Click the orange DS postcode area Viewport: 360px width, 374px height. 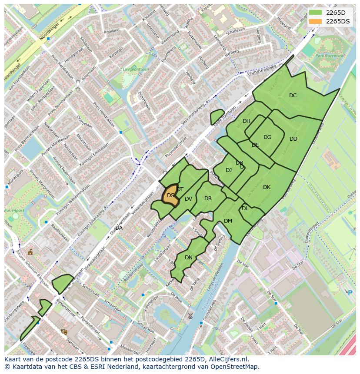point(171,196)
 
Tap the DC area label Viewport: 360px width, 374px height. point(293,96)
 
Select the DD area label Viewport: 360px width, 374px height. point(293,139)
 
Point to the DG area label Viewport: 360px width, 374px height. point(267,137)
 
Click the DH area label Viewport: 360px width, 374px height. point(247,121)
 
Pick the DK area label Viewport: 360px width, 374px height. point(267,187)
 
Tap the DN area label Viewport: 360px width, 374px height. point(189,258)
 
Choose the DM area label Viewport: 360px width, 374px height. point(228,221)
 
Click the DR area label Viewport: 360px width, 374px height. point(208,199)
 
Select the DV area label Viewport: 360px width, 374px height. point(188,199)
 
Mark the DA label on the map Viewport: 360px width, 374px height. point(119,228)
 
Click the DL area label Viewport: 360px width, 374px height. point(245,209)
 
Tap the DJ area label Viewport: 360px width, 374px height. point(229,170)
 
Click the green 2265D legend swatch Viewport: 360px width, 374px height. point(316,13)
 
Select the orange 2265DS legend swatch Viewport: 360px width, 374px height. point(316,21)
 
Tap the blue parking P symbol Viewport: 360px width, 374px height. point(350,293)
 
